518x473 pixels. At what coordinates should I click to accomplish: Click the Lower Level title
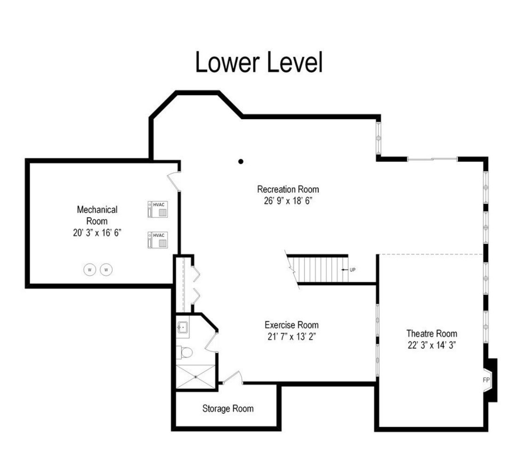tap(259, 62)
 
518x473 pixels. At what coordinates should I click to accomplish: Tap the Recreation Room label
tap(288, 190)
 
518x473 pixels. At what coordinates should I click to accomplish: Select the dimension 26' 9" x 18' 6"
tap(288, 201)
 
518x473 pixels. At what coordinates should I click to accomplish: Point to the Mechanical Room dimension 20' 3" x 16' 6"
tap(97, 233)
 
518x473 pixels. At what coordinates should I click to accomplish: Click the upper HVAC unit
tap(157, 209)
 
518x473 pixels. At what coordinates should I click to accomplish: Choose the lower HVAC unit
tap(157, 240)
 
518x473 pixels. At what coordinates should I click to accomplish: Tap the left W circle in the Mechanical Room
tap(89, 270)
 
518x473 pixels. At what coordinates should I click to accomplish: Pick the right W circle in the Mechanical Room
tap(106, 270)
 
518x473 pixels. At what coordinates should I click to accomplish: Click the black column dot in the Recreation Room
tap(241, 162)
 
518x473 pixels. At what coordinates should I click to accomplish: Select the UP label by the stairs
tap(353, 270)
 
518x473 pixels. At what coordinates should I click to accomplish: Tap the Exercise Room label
tap(291, 325)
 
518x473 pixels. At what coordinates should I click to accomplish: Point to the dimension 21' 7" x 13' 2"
tap(291, 337)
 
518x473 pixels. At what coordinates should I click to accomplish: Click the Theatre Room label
tap(432, 334)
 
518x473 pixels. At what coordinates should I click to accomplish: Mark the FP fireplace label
tap(486, 380)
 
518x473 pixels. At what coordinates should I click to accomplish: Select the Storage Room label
tap(228, 409)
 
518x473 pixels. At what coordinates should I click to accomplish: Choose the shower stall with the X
tap(196, 377)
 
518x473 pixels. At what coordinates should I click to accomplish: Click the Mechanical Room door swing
tap(174, 181)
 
